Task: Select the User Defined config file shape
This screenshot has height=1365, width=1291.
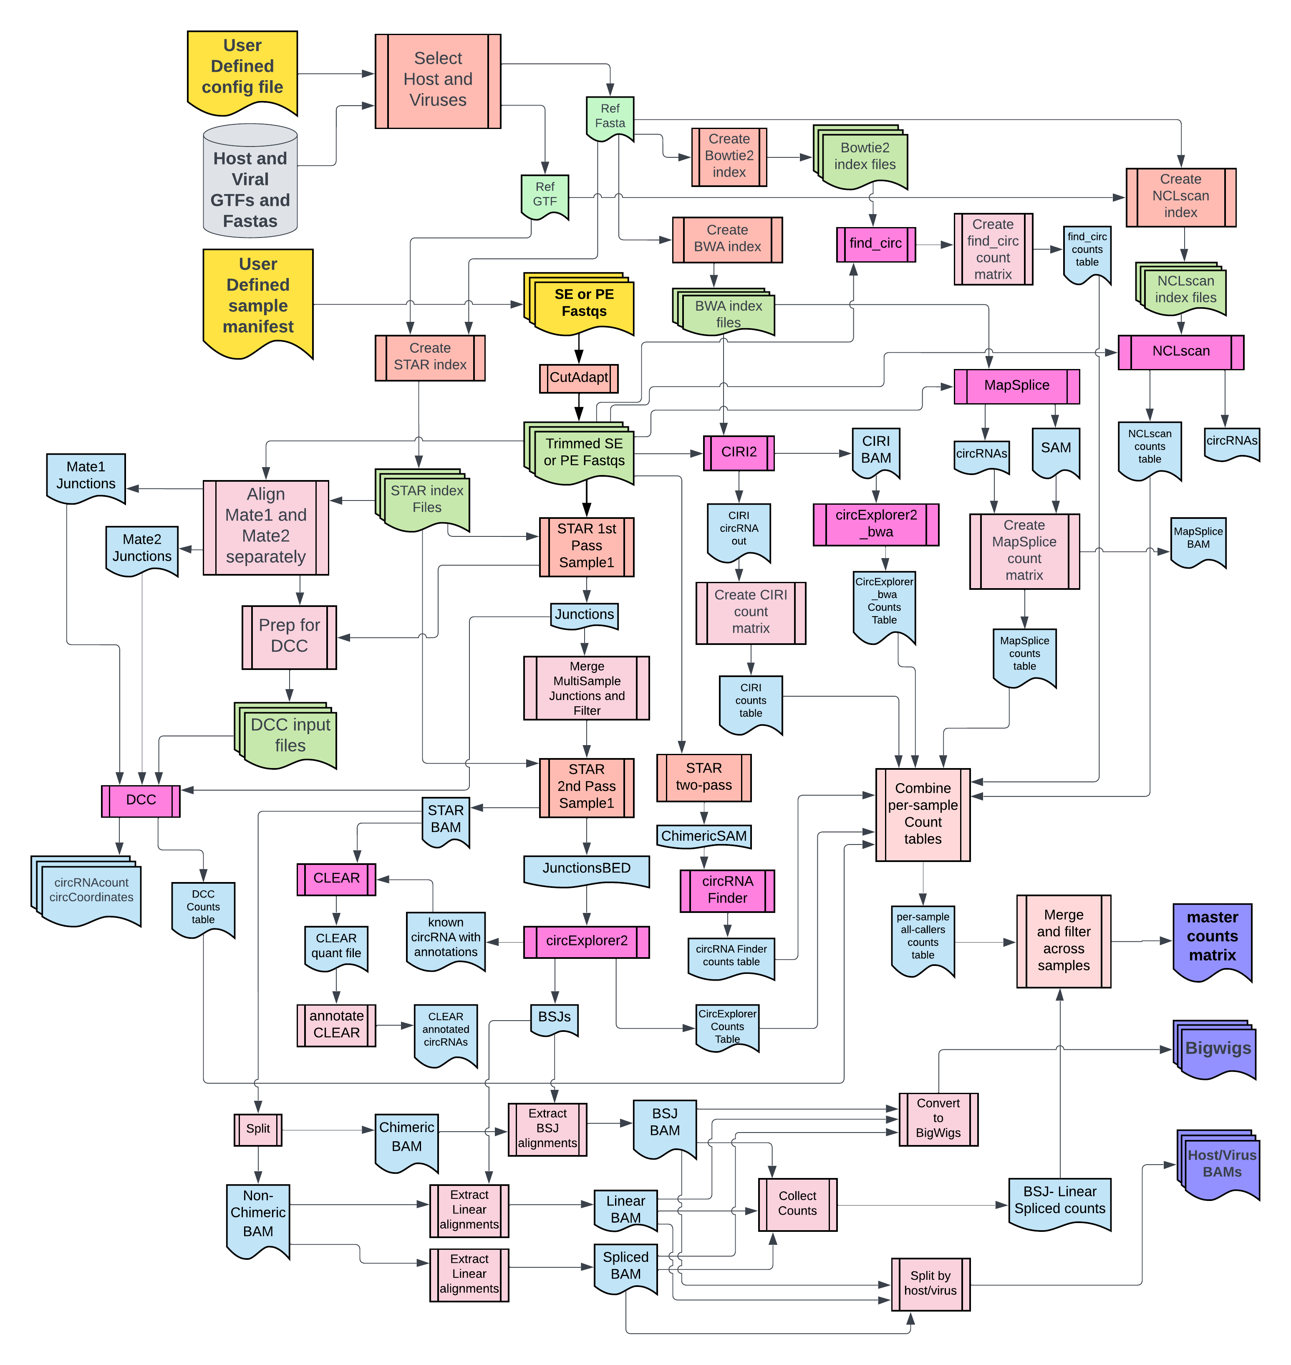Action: coord(242,69)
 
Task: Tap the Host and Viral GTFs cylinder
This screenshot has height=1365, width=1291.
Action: coord(250,182)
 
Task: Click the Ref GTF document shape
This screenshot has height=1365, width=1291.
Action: coord(545,195)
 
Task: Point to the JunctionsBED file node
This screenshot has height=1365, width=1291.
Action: coord(586,869)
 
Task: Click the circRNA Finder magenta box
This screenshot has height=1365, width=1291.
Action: coord(727,890)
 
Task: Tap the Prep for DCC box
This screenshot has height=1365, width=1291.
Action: coord(289,636)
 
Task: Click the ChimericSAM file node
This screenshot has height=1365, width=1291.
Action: coord(703,837)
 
